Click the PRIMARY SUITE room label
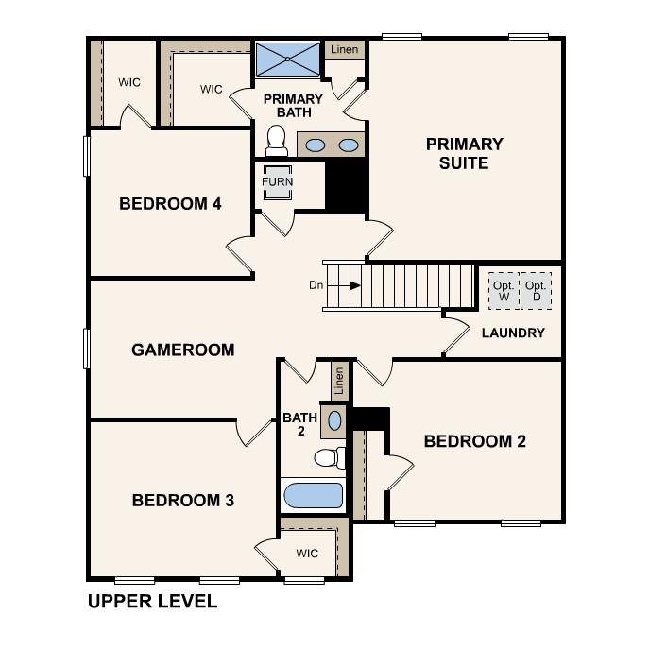point(464,154)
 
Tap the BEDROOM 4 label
point(170,203)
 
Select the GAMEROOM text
point(182,350)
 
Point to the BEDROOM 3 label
point(182,500)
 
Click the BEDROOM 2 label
point(474,441)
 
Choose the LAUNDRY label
point(513,333)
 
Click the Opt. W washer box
point(504,291)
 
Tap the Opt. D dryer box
point(537,291)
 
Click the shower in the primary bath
point(288,60)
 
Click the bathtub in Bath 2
point(314,495)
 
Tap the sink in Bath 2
point(334,418)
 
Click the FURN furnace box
point(277,181)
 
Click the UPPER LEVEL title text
point(152,601)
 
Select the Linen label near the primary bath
point(344,49)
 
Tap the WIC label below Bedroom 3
point(307,554)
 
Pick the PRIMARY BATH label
point(293,106)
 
